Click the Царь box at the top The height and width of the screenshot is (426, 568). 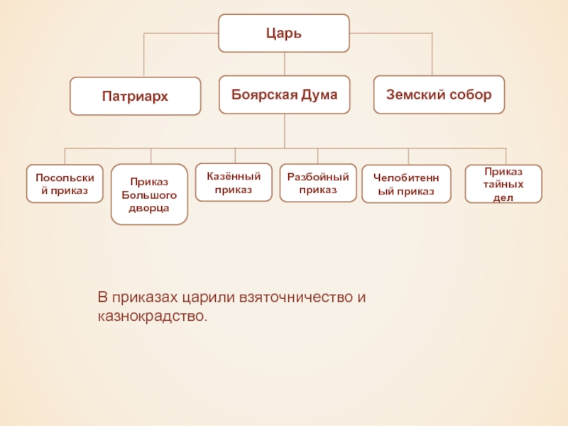(283, 33)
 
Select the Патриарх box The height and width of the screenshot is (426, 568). (135, 96)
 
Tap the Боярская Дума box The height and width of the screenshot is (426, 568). (285, 94)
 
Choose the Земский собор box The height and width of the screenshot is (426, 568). (439, 94)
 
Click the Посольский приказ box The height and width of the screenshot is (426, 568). (65, 184)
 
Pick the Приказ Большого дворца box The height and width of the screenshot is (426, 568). (149, 195)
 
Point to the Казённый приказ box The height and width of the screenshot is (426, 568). (234, 182)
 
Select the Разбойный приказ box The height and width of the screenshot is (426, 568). (318, 183)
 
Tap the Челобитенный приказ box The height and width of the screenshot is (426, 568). (406, 184)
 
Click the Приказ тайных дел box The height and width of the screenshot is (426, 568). (503, 184)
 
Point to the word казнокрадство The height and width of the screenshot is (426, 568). (153, 316)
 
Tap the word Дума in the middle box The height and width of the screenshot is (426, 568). (319, 95)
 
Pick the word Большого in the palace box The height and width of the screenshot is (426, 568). (149, 195)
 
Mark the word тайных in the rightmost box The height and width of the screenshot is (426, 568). (503, 185)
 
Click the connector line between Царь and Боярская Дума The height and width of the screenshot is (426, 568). (285, 64)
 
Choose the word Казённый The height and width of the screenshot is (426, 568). (234, 176)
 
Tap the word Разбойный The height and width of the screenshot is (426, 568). (318, 177)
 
